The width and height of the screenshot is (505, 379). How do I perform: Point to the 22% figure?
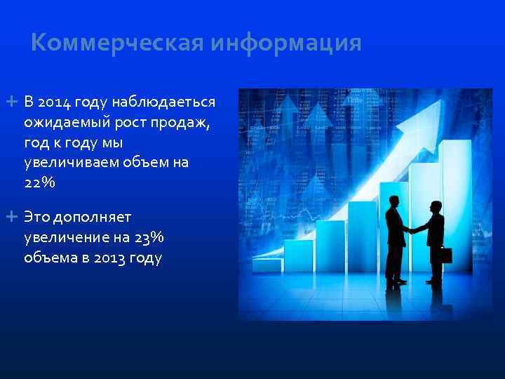39,182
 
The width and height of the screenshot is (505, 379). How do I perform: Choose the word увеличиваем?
72,163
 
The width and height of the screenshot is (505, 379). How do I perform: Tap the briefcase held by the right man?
445,254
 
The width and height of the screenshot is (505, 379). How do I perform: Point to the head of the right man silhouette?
436,206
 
